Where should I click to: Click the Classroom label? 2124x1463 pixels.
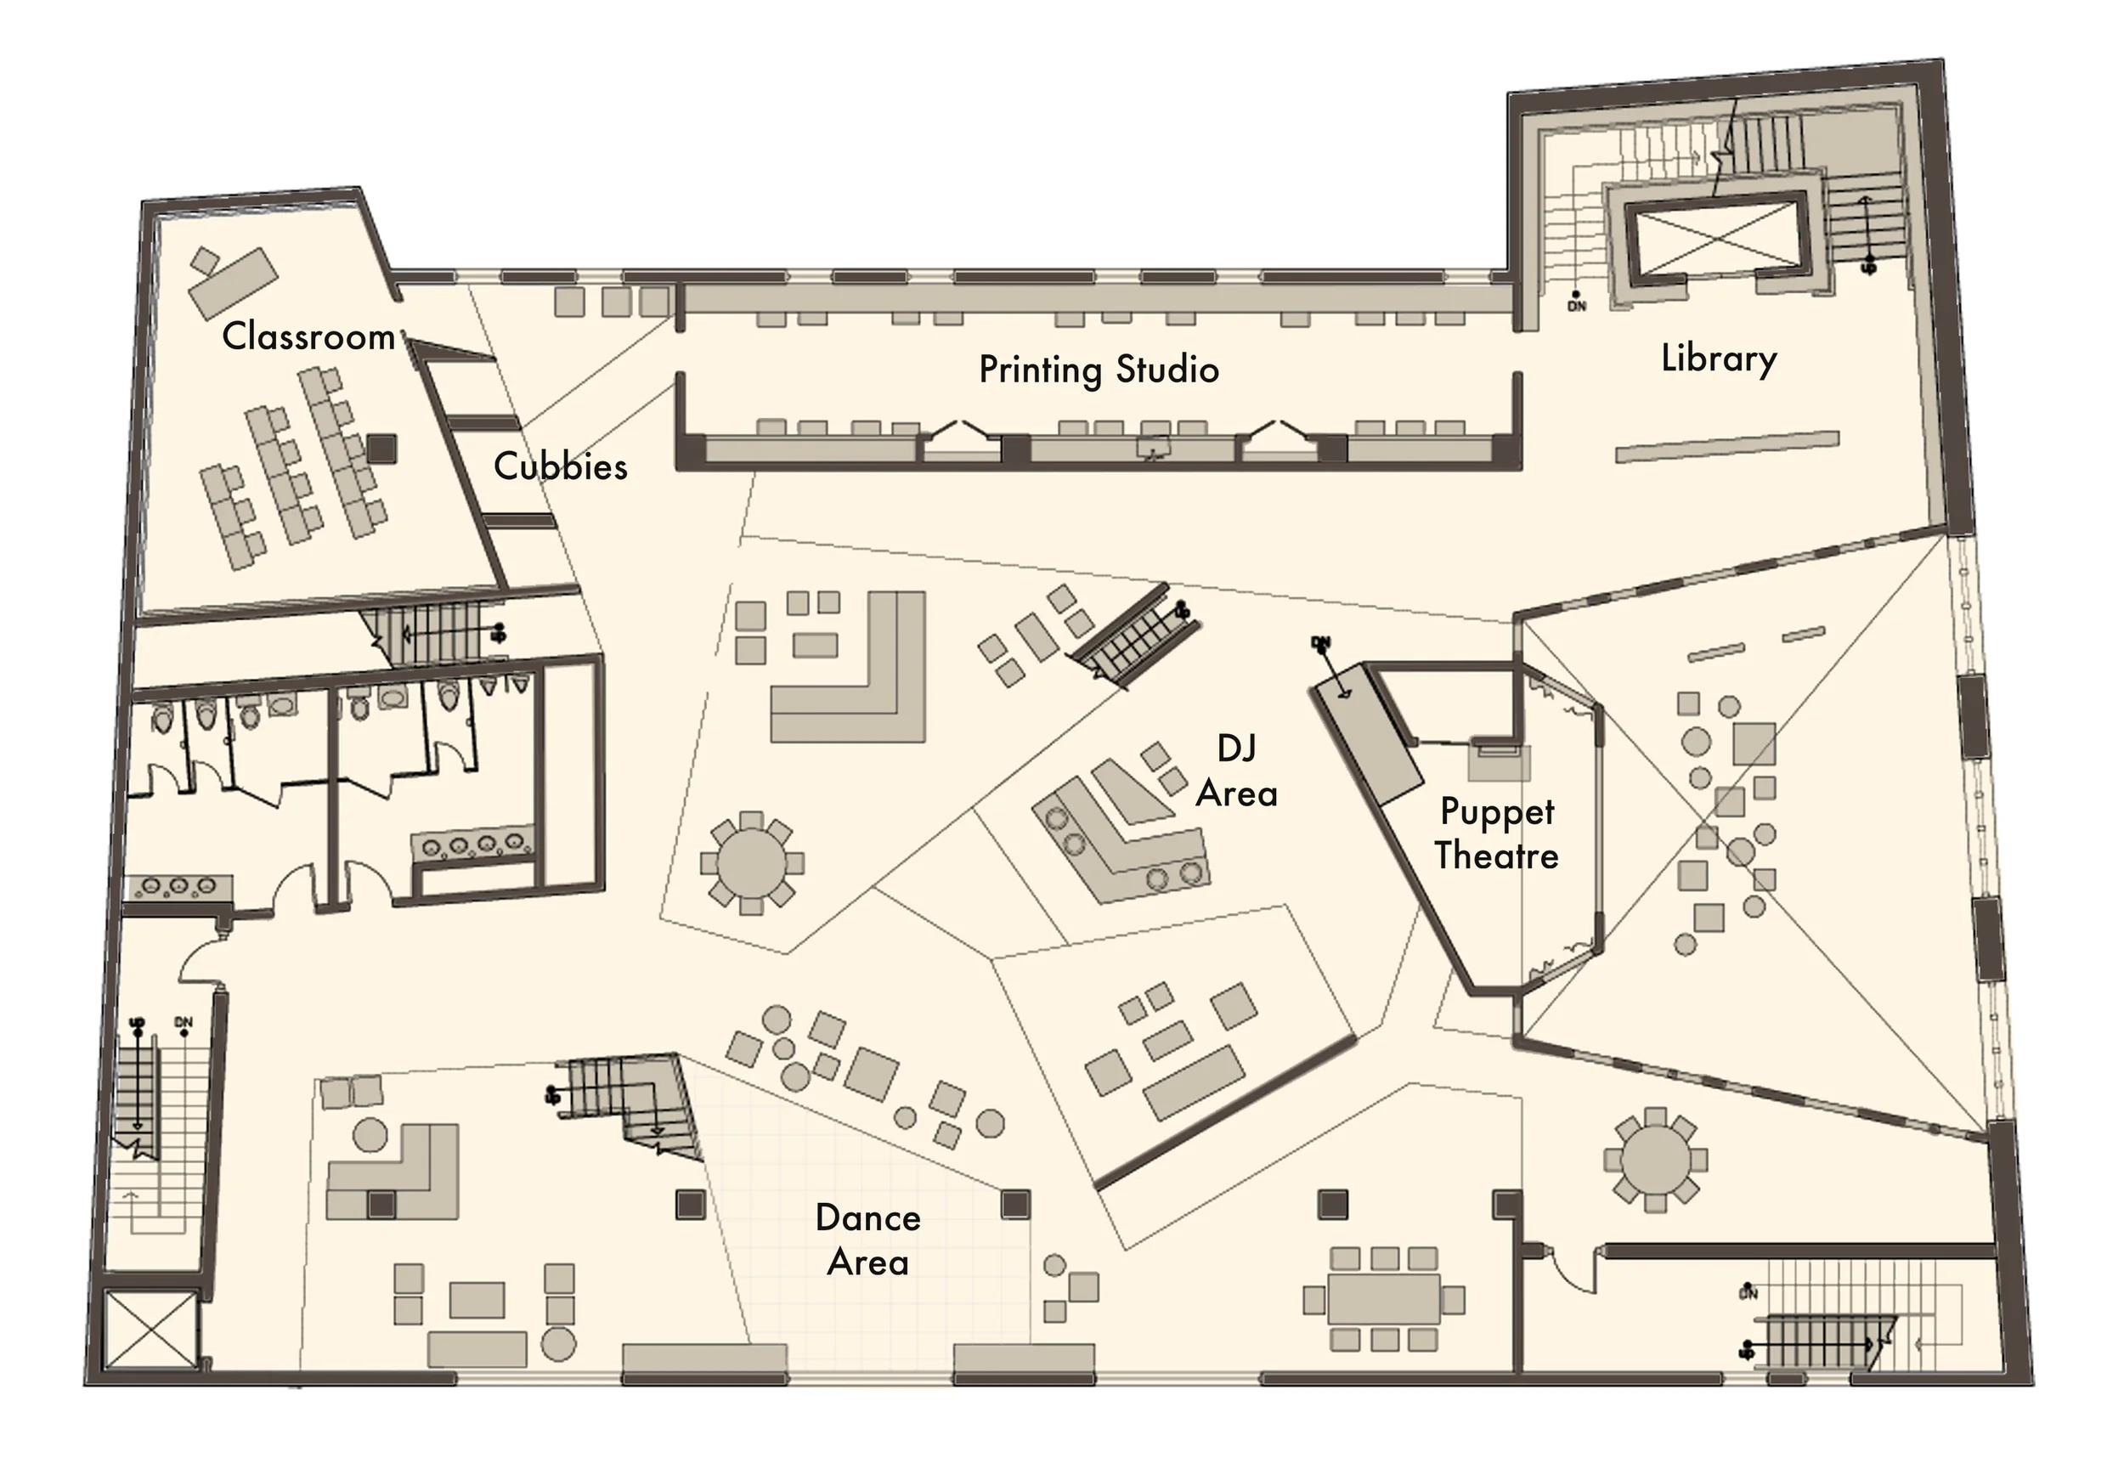(x=308, y=336)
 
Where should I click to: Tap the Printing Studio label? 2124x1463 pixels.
(x=1099, y=370)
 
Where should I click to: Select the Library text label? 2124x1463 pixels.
(x=1718, y=359)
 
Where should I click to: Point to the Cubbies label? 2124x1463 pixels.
(x=560, y=466)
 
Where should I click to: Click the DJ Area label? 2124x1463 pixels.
(x=1237, y=771)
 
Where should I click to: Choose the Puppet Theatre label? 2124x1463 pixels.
(x=1496, y=833)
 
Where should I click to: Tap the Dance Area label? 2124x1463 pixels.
(x=867, y=1240)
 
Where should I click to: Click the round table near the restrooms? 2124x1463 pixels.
(x=751, y=862)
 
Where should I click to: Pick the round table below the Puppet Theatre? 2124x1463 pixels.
(x=1655, y=1160)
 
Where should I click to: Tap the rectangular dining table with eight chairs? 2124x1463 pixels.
(x=1383, y=1299)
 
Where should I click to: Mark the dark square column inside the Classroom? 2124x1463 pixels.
(x=381, y=449)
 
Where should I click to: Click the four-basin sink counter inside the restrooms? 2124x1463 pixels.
(x=473, y=844)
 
